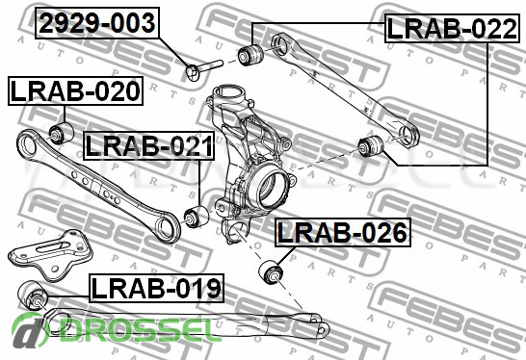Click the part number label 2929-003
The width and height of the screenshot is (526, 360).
[x=97, y=23]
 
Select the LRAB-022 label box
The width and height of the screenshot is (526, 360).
[x=452, y=29]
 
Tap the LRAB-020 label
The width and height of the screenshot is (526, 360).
[x=75, y=90]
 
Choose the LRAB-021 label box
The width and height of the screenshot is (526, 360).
[x=149, y=145]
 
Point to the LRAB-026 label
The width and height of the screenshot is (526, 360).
[x=343, y=233]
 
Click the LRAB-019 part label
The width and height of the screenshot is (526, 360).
[x=156, y=288]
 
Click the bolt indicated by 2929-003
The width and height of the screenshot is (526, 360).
[x=203, y=69]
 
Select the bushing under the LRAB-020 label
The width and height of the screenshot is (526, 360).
[x=61, y=133]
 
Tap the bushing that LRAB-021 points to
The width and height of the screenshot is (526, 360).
[x=197, y=217]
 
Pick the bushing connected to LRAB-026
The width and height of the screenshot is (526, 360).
[x=271, y=271]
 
